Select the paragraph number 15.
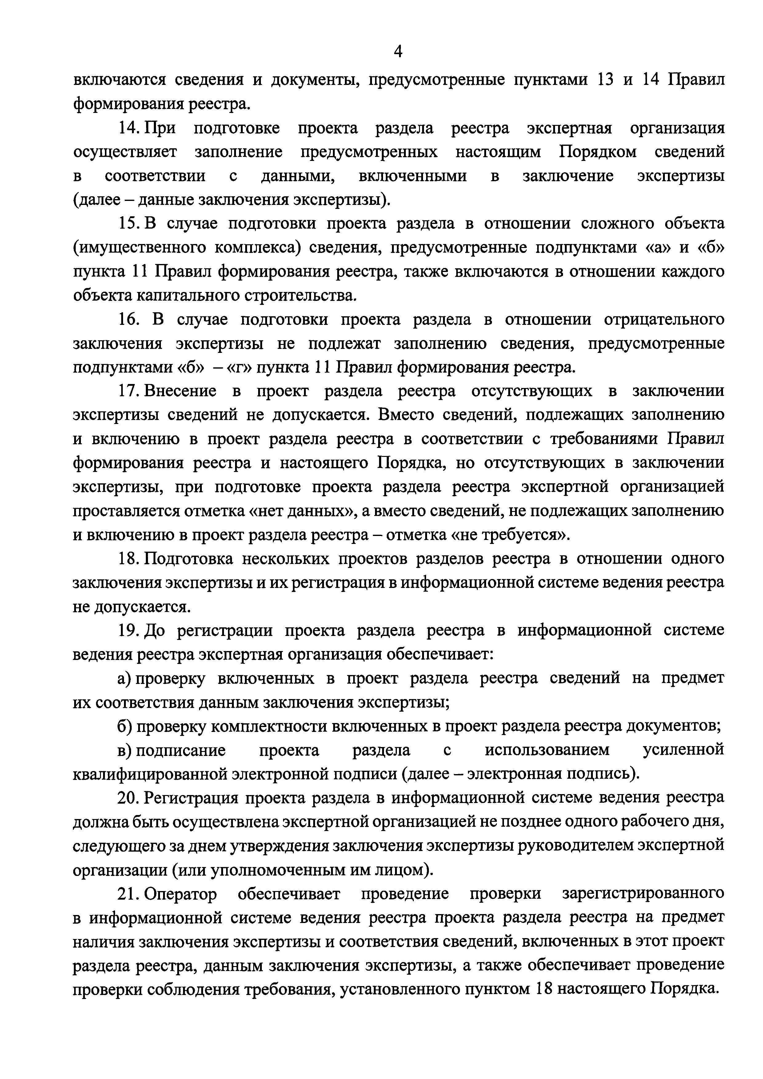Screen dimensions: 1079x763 point(127,223)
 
